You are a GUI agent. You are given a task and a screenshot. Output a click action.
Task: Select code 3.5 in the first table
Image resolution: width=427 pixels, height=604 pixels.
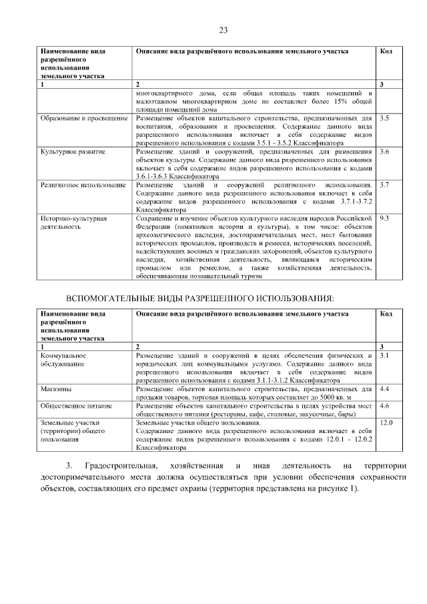[x=384, y=118]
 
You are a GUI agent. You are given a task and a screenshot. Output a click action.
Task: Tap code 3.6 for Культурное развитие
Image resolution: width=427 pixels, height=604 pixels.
[x=384, y=152]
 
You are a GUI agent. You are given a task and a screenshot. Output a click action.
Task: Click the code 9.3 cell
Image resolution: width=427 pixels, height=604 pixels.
[x=384, y=218]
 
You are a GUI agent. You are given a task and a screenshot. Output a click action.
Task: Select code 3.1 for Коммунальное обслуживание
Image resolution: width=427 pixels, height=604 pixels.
[x=384, y=356]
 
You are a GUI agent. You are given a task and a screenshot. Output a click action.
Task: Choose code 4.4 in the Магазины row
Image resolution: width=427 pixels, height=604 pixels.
[x=384, y=388]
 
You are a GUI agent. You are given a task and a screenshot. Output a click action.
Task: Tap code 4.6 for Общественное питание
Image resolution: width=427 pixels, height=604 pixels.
[x=384, y=405]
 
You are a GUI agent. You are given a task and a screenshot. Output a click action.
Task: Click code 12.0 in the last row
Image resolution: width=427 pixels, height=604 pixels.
[x=386, y=423]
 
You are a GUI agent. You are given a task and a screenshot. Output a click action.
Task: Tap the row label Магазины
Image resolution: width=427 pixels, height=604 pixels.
[x=56, y=388]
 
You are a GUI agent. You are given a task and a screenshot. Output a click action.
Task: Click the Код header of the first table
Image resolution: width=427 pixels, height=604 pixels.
[x=386, y=51]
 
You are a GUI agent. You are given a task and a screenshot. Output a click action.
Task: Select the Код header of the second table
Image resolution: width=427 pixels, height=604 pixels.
[x=386, y=313]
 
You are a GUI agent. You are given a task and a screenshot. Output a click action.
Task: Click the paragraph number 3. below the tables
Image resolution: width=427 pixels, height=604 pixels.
[x=68, y=465]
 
